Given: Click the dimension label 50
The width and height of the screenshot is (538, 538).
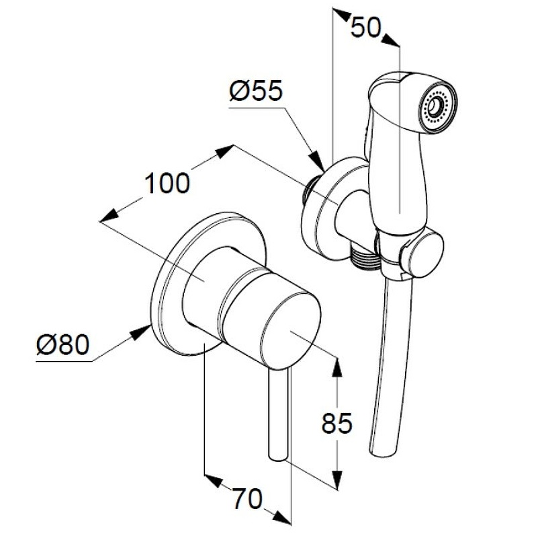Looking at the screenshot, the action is [366, 28].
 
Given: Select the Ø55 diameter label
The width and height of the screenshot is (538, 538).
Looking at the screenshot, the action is [256, 91].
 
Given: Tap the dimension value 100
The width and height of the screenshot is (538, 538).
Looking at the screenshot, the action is [167, 183].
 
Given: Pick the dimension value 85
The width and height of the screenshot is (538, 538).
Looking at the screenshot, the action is [337, 423].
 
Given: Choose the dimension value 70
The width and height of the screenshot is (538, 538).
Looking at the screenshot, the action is [247, 499].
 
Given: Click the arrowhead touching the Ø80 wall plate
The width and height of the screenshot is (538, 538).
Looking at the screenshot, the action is [141, 332].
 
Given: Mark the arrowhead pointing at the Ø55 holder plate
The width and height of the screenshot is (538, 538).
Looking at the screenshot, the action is [317, 161].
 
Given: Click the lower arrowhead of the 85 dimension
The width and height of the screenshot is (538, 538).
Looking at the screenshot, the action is [338, 477].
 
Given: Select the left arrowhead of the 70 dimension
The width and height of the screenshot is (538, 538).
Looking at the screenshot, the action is [214, 481].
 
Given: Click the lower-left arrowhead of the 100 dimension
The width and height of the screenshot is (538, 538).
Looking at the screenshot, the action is [109, 215].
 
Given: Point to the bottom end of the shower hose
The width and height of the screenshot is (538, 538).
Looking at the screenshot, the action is [377, 451].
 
